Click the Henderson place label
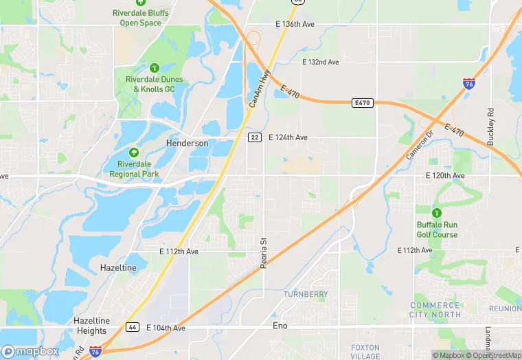(187, 143)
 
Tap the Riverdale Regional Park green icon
(134, 152)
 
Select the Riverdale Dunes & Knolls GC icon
(155, 68)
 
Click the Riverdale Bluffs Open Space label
(141, 18)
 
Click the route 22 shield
(254, 137)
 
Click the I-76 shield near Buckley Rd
(468, 84)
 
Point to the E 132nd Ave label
(321, 63)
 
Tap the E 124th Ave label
(288, 137)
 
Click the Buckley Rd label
(490, 126)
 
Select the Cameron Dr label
(420, 144)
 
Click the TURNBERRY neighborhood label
(306, 294)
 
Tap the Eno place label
(280, 325)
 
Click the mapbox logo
(30, 351)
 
